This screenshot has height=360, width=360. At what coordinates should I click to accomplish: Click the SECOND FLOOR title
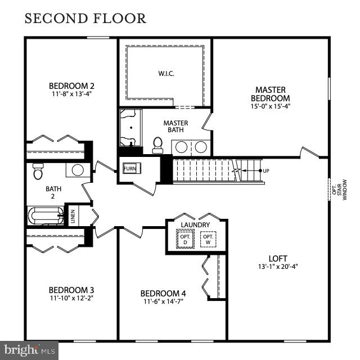point(85,19)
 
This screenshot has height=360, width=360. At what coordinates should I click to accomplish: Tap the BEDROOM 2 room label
point(71,85)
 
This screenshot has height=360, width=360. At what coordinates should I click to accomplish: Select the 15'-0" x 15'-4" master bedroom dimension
point(270,106)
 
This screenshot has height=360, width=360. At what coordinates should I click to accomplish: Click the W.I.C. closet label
point(164,73)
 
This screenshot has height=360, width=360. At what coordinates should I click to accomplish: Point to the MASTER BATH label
point(175,127)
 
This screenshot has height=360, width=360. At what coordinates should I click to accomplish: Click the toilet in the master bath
point(157,145)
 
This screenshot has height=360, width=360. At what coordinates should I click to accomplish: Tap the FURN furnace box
point(130,168)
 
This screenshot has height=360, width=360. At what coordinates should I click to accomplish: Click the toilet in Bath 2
point(38,170)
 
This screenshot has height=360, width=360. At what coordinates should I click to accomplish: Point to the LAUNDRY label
point(195,225)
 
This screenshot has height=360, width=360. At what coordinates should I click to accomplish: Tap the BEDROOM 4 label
point(163,293)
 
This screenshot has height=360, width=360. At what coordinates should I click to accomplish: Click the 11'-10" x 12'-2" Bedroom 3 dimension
point(71,298)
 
